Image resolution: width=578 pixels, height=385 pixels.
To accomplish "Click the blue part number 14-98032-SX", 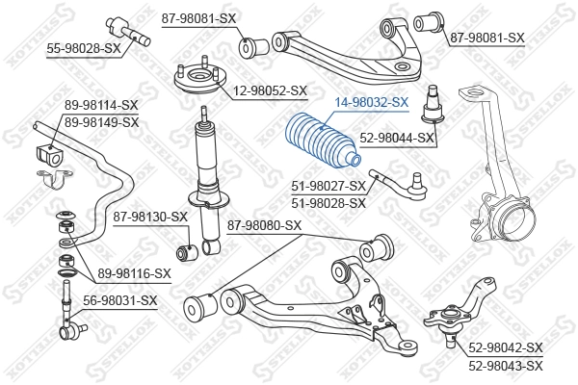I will pyautogui.click(x=372, y=101).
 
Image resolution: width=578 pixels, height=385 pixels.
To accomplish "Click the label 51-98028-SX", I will pyautogui.click(x=328, y=202).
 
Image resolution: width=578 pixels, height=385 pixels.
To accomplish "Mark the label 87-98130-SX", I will pyautogui.click(x=149, y=217).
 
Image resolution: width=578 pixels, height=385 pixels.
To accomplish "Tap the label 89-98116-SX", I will pyautogui.click(x=134, y=273).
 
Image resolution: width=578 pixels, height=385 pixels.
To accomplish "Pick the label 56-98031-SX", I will pyautogui.click(x=119, y=300).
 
